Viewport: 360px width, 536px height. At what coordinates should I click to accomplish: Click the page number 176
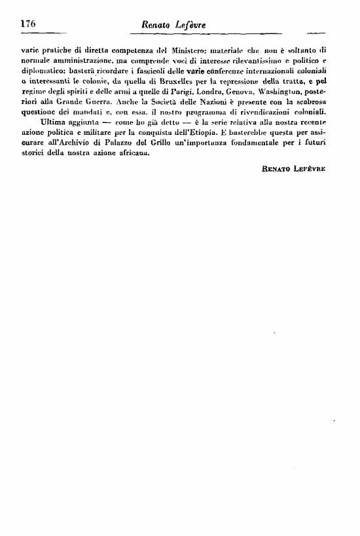point(28,24)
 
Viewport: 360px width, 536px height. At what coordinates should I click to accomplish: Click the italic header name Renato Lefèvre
point(172,25)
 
